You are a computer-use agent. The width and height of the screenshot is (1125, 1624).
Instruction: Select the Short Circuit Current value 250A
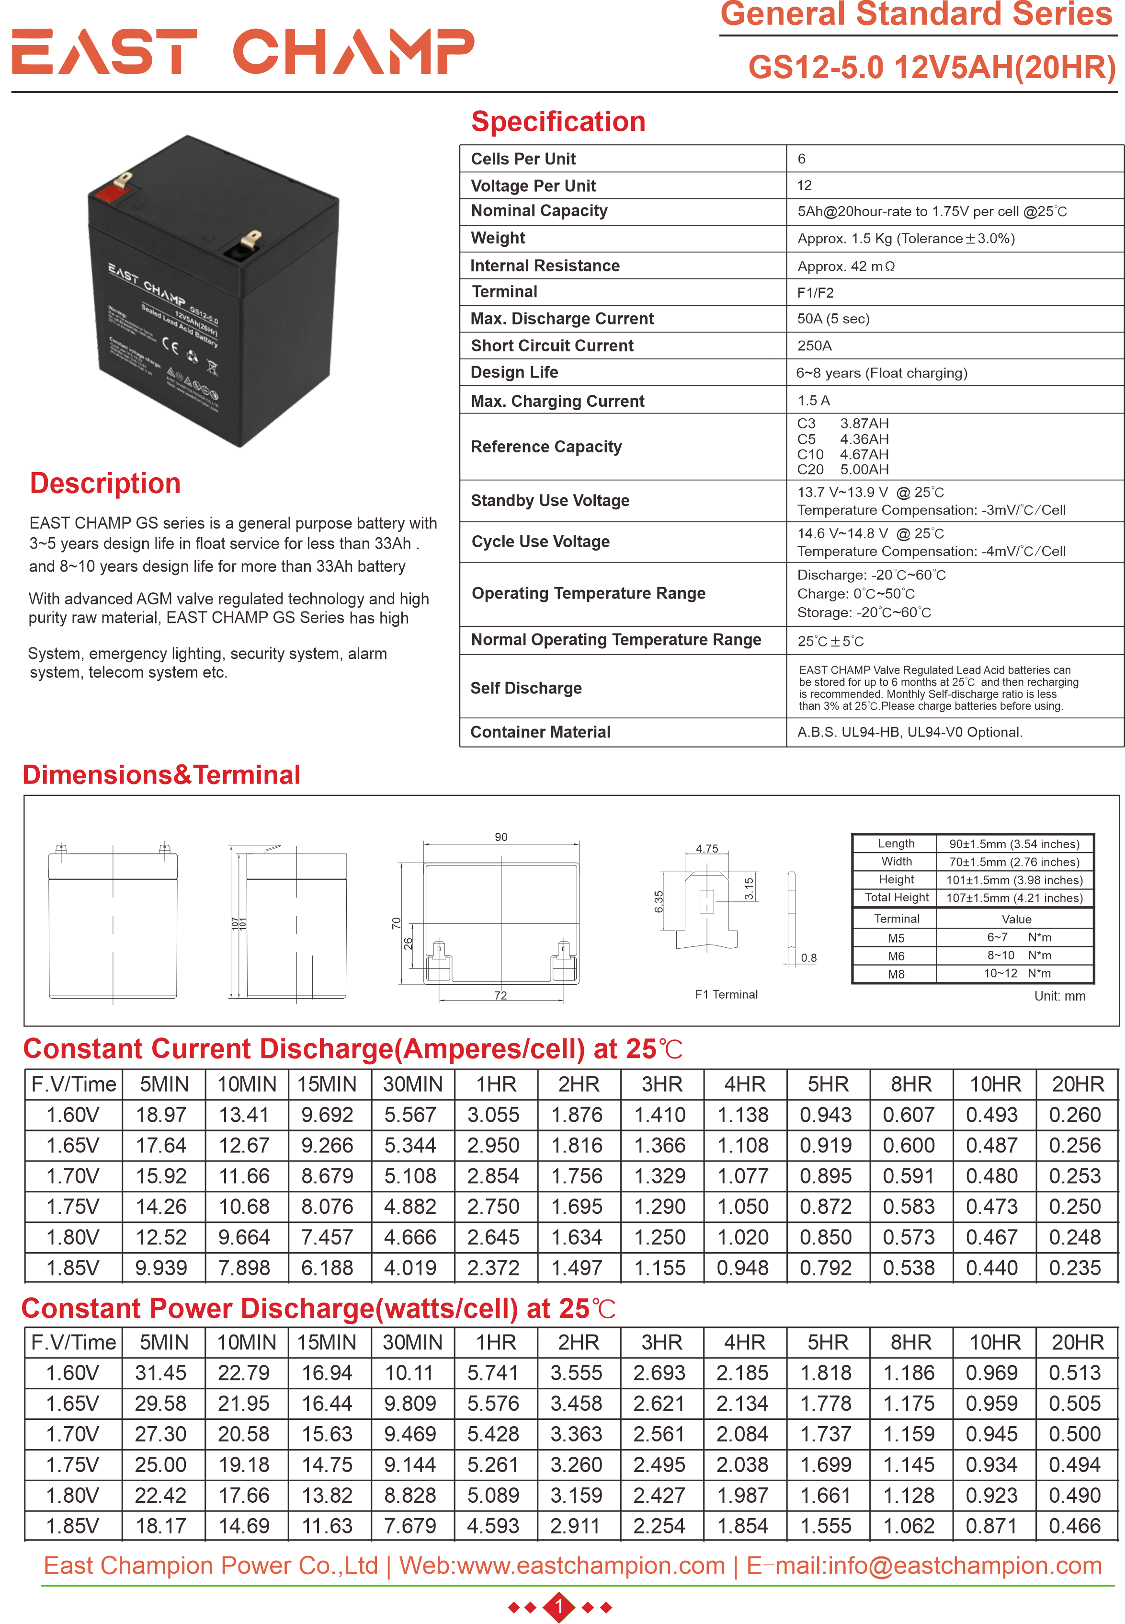814,346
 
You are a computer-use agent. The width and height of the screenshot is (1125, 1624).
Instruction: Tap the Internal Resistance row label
545,266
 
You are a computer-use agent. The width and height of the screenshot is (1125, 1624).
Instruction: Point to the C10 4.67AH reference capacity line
842,454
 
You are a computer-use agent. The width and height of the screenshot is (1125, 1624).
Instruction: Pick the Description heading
105,483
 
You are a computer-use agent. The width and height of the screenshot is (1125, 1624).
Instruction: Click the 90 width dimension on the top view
500,837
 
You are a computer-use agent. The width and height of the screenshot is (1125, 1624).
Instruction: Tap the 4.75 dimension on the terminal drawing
706,848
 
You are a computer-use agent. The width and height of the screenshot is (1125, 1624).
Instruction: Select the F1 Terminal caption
726,994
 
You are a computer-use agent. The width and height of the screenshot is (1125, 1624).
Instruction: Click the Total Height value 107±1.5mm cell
1013,898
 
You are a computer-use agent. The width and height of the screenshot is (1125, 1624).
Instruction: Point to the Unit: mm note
1059,996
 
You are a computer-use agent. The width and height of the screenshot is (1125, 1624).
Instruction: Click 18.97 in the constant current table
161,1115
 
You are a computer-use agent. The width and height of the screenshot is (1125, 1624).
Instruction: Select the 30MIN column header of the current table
412,1084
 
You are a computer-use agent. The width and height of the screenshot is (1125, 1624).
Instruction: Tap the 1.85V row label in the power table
73,1526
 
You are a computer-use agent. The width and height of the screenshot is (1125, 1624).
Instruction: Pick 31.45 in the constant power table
161,1373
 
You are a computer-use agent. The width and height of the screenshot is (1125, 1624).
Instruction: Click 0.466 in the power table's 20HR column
1074,1526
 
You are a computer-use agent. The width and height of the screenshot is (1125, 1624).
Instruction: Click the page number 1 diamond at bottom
560,1607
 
